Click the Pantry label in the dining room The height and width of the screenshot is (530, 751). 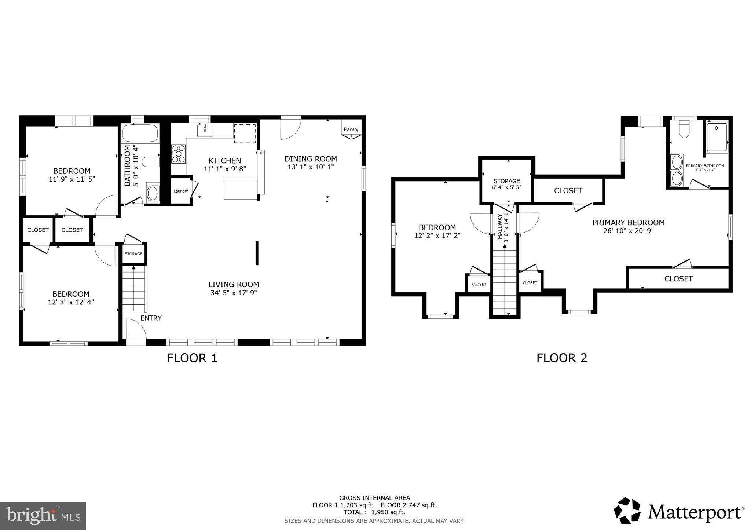pos(351,129)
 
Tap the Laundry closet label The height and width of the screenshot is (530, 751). pos(180,191)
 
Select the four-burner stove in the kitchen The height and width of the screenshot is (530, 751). pos(178,154)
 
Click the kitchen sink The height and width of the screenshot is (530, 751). pos(205,131)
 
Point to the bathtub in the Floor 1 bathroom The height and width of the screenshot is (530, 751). pos(140,134)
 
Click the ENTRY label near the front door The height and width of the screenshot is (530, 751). pos(151,318)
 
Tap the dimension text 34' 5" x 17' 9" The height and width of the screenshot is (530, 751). pos(234,293)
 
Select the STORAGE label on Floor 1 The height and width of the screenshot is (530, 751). pos(133,254)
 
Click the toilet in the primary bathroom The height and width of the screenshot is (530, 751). pos(684,130)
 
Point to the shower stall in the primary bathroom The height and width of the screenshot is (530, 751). pos(716,137)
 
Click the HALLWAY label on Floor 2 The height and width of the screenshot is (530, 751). pos(500,227)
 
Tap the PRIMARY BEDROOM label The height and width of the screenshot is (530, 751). pos(628,223)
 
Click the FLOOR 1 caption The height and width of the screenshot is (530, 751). pos(192,358)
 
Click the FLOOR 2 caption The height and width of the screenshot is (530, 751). pos(561,358)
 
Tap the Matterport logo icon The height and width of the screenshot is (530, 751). pos(627,511)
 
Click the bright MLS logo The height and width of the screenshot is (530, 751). pos(43,516)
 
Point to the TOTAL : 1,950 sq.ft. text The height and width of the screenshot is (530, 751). pos(374,512)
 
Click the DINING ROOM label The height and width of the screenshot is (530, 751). pos(311,159)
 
